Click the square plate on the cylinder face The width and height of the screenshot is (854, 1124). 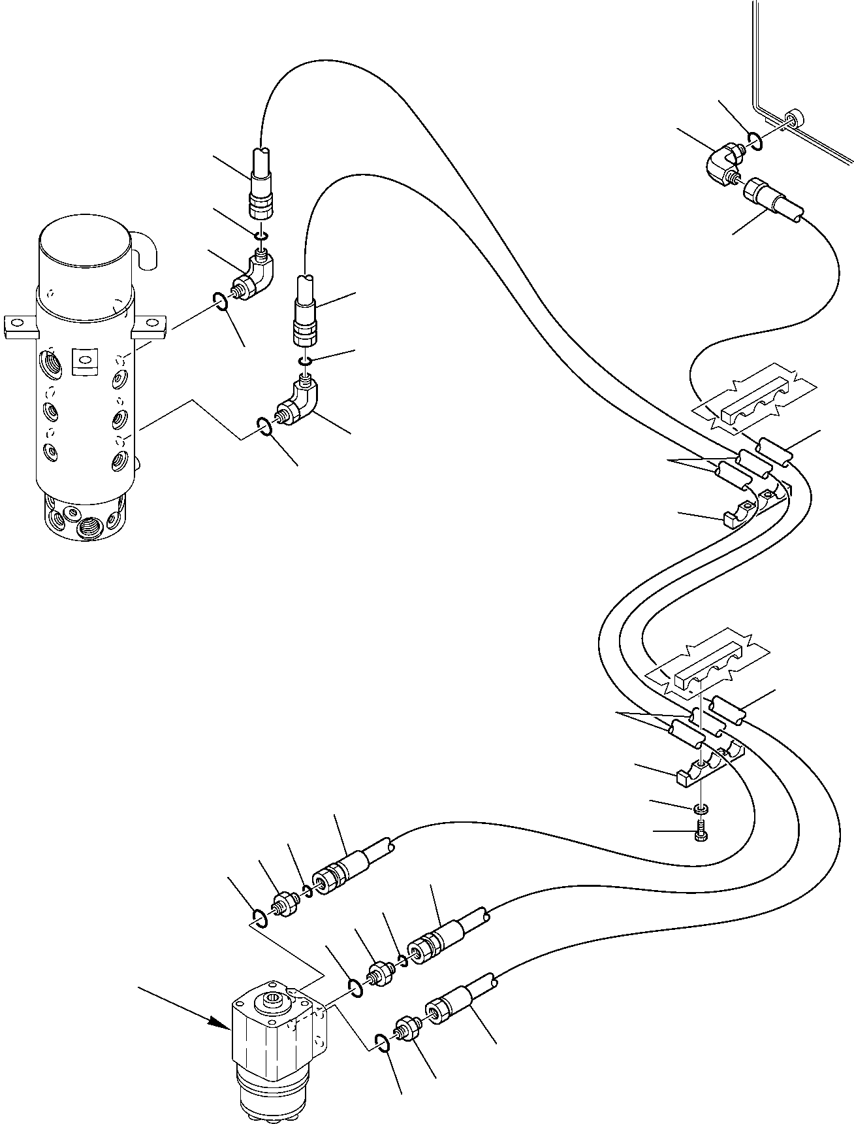[82, 360]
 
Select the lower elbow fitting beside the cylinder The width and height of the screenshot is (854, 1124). [298, 404]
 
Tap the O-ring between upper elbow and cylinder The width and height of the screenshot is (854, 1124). [220, 301]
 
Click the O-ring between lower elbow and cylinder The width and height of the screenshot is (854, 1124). [263, 427]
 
